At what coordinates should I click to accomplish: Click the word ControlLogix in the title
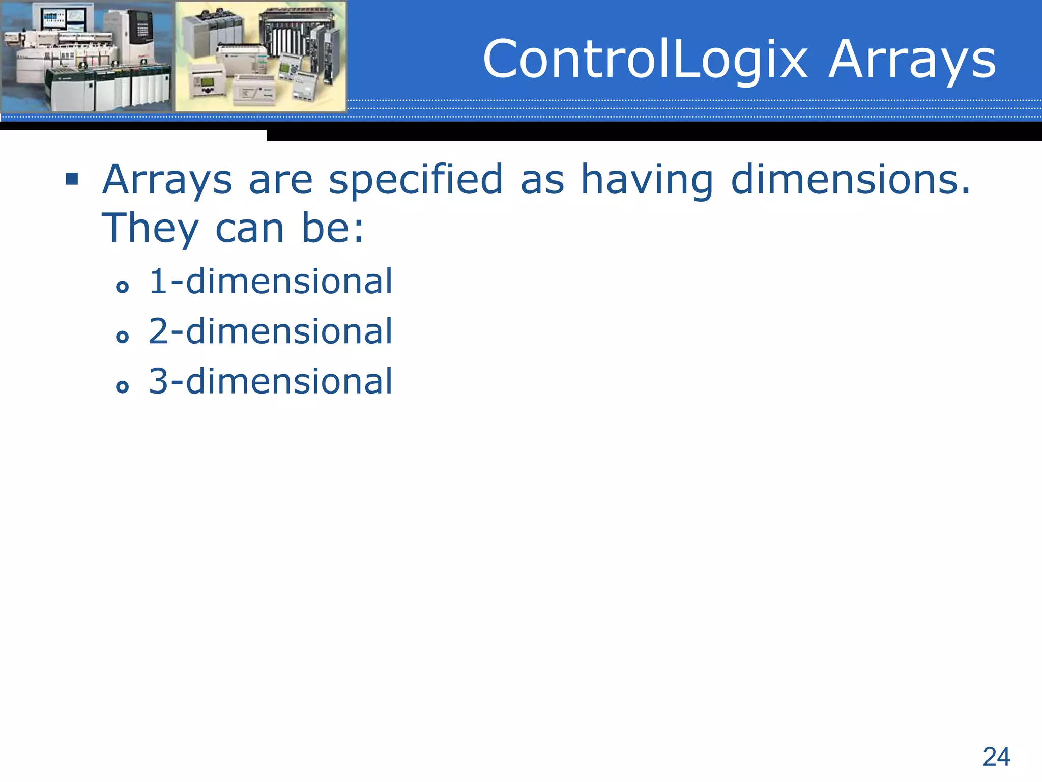click(645, 60)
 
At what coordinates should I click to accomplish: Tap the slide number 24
click(996, 757)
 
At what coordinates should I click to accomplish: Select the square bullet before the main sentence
click(72, 179)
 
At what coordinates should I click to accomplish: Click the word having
click(647, 181)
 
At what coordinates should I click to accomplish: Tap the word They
click(150, 229)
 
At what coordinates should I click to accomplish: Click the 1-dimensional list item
click(271, 281)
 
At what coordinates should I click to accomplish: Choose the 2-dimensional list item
click(271, 331)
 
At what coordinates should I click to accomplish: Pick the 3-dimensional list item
click(271, 381)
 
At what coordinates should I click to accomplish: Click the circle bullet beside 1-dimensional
click(122, 287)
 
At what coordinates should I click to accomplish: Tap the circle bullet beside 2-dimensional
click(122, 337)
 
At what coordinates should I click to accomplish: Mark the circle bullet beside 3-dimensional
click(122, 387)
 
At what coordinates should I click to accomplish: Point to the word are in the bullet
click(280, 181)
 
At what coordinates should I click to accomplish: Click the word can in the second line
click(249, 229)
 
